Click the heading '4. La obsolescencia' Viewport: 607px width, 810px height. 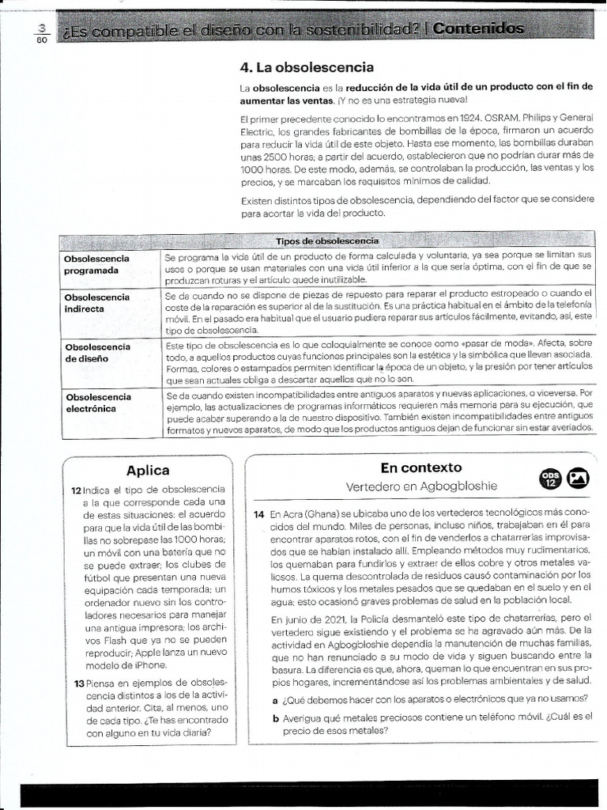(307, 67)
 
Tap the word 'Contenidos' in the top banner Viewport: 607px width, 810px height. (480, 29)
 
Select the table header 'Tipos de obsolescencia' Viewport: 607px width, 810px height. (326, 240)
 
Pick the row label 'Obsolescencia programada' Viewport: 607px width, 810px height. (97, 264)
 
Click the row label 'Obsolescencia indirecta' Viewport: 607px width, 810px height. (97, 303)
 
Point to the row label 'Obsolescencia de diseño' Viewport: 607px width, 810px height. (97, 352)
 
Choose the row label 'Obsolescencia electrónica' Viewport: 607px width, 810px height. (98, 403)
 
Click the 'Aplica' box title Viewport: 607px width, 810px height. (148, 471)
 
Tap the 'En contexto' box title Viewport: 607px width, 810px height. (420, 467)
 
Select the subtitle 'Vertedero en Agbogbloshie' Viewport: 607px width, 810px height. (421, 486)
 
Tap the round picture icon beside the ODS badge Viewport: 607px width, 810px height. (582, 477)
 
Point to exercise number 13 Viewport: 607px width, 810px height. (78, 683)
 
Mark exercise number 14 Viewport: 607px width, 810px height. (258, 513)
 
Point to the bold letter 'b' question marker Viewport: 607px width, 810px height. (275, 717)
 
